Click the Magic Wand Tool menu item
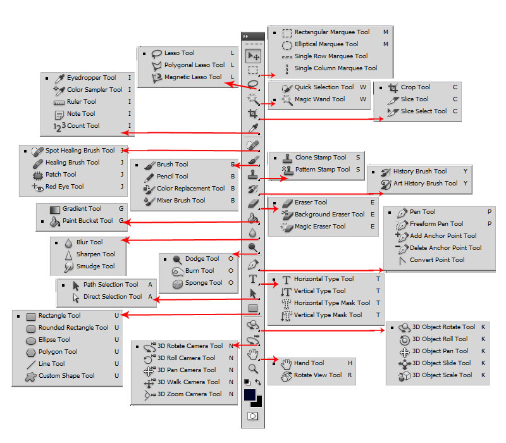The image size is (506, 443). [319, 99]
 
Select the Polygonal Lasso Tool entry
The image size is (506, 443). [194, 65]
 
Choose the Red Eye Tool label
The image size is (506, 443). [64, 187]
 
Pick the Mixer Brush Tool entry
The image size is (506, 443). [180, 201]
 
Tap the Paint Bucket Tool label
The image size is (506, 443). [88, 221]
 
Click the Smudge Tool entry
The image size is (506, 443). [95, 266]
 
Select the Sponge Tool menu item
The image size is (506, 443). [203, 283]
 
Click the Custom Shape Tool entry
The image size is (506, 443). [66, 376]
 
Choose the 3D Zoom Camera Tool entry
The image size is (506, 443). [189, 394]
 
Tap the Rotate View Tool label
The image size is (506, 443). [318, 375]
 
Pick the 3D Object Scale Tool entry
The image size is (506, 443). [441, 375]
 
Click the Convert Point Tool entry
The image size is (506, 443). [436, 260]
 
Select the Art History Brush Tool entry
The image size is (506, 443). [425, 184]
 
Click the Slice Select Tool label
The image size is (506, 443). [423, 111]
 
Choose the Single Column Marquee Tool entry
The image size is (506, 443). [335, 68]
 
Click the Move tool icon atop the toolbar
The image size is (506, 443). [253, 56]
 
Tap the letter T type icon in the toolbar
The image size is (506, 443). [253, 278]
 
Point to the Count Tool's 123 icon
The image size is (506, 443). [59, 127]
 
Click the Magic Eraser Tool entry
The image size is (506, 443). [320, 227]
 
